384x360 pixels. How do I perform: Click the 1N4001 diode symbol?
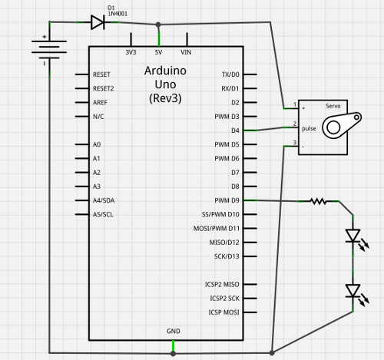pyautogui.click(x=98, y=22)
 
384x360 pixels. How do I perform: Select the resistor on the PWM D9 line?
pyautogui.click(x=319, y=201)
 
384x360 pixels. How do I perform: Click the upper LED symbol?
pyautogui.click(x=353, y=236)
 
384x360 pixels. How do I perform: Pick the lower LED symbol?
pyautogui.click(x=353, y=291)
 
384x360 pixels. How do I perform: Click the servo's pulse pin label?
pyautogui.click(x=309, y=128)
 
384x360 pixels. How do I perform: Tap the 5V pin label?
pyautogui.click(x=158, y=53)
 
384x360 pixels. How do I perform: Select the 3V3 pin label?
pyautogui.click(x=131, y=53)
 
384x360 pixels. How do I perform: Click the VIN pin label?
pyautogui.click(x=186, y=53)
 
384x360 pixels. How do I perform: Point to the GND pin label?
pyautogui.click(x=174, y=331)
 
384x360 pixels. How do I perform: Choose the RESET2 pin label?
pyautogui.click(x=103, y=88)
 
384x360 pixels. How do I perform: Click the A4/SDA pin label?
pyautogui.click(x=103, y=200)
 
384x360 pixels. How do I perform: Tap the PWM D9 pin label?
pyautogui.click(x=227, y=200)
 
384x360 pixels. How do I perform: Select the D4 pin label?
pyautogui.click(x=234, y=130)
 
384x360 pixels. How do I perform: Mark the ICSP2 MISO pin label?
pyautogui.click(x=222, y=284)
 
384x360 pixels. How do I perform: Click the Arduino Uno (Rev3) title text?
pyautogui.click(x=165, y=84)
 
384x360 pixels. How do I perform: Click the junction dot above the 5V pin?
pyautogui.click(x=158, y=24)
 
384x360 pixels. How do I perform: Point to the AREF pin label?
pyautogui.click(x=100, y=102)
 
